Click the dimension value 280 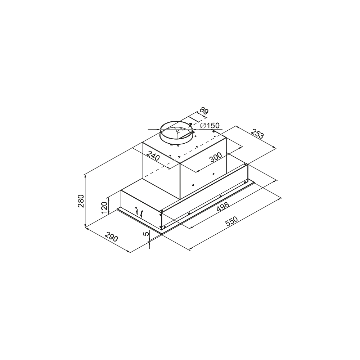click(x=81, y=201)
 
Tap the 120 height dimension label click(x=104, y=208)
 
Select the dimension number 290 click(x=111, y=237)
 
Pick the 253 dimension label click(x=257, y=134)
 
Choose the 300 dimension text click(x=216, y=157)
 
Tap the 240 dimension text click(x=153, y=156)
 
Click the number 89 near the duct click(x=204, y=111)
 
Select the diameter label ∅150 click(x=210, y=126)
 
